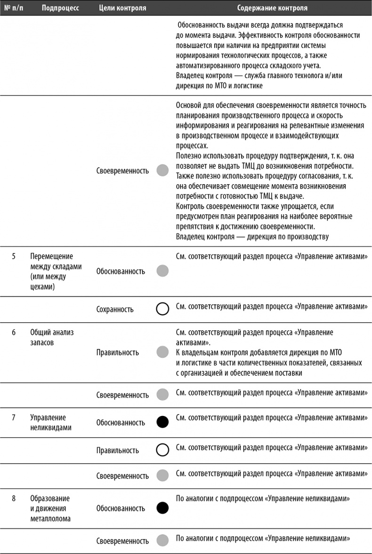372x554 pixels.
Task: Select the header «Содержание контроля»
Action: [x=272, y=8]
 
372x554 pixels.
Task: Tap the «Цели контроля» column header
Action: [x=123, y=8]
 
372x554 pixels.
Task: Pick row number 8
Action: [x=14, y=498]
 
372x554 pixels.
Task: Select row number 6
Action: [x=14, y=332]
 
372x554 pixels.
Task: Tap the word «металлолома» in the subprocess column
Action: [x=51, y=519]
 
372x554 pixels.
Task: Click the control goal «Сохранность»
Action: [x=115, y=309]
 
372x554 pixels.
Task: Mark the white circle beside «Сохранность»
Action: [x=162, y=309]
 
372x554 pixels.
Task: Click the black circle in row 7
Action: [x=162, y=422]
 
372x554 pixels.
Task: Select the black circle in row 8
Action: [x=162, y=508]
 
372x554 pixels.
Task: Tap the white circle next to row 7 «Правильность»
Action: [x=162, y=450]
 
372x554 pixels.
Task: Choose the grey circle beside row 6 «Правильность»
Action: [x=162, y=352]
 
